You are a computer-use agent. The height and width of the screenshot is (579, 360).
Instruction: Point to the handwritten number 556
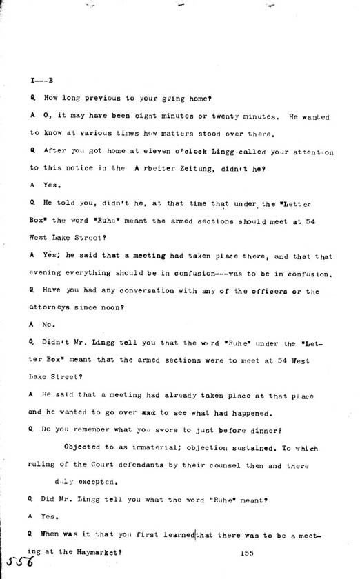click(19, 560)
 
